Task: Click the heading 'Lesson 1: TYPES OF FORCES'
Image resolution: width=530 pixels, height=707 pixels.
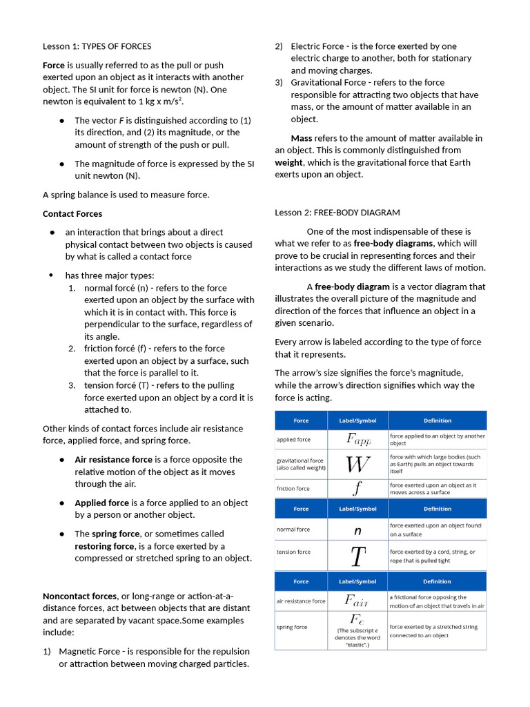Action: point(97,46)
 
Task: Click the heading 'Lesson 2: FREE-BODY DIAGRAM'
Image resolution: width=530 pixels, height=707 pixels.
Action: point(337,213)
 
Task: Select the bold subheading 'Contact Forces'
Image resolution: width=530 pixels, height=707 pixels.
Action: point(72,214)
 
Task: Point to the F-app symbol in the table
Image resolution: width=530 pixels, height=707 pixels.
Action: point(358,439)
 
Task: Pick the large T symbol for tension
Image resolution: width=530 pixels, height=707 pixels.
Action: point(357,556)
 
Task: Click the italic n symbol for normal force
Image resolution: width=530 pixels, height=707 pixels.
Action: point(357,530)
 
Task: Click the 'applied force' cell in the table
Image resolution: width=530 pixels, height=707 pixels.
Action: point(293,440)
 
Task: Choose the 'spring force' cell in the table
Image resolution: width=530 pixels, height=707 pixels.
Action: point(292,628)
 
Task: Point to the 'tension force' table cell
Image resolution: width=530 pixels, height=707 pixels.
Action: point(293,552)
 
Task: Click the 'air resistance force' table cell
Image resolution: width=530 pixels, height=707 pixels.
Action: point(301,601)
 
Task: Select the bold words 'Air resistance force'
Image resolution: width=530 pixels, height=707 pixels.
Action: point(113,459)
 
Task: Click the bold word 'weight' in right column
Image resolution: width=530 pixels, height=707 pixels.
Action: point(288,162)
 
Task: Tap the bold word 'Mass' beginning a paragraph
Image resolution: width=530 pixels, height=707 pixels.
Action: point(302,138)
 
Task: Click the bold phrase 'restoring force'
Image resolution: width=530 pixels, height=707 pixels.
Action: point(104,546)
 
